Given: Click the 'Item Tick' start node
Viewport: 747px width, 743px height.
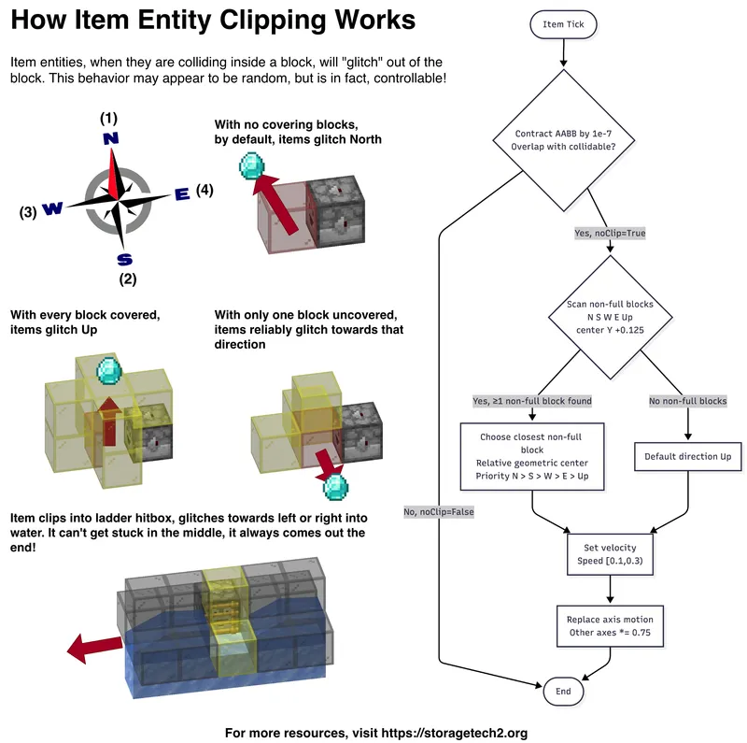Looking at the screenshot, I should pyautogui.click(x=563, y=24).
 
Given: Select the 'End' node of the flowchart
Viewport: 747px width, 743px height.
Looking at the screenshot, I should pyautogui.click(x=563, y=692).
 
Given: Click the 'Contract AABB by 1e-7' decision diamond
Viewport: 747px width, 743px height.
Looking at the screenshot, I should pyautogui.click(x=563, y=139).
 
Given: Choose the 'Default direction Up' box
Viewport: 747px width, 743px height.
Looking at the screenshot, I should pyautogui.click(x=688, y=457).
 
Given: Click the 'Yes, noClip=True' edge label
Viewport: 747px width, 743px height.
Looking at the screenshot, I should pyautogui.click(x=610, y=233).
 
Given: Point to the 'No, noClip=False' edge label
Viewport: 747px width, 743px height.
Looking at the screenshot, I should pyautogui.click(x=439, y=511).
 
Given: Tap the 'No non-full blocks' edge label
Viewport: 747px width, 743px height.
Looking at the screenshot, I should pyautogui.click(x=688, y=401).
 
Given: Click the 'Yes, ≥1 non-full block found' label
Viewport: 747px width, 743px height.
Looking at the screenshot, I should pyautogui.click(x=532, y=401).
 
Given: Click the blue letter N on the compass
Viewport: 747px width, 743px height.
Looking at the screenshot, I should pyautogui.click(x=111, y=138).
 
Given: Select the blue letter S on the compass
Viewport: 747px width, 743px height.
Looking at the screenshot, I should pyautogui.click(x=124, y=259).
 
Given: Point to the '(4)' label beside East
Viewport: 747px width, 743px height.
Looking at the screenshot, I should pyautogui.click(x=204, y=191).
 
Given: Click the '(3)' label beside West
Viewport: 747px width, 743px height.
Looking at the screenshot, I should pyautogui.click(x=28, y=212).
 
